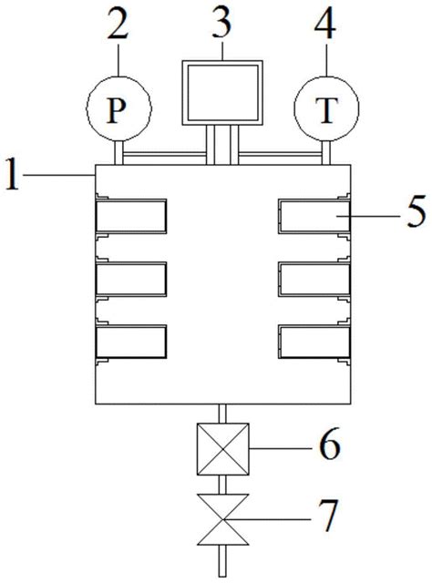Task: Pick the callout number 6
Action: (330, 444)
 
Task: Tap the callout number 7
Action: (327, 516)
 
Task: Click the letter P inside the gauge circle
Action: (116, 111)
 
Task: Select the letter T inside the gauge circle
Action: (326, 110)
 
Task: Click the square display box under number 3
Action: (222, 93)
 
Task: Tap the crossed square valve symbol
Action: (222, 449)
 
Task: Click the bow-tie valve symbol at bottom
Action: (222, 519)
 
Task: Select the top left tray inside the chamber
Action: (131, 217)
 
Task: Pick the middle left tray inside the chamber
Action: (131, 280)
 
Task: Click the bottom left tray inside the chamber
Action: (131, 342)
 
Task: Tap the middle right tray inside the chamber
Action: (314, 280)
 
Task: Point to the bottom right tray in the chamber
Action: (314, 342)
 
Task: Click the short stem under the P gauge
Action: (118, 153)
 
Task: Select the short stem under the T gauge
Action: (326, 153)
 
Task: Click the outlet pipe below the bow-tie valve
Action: (222, 561)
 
